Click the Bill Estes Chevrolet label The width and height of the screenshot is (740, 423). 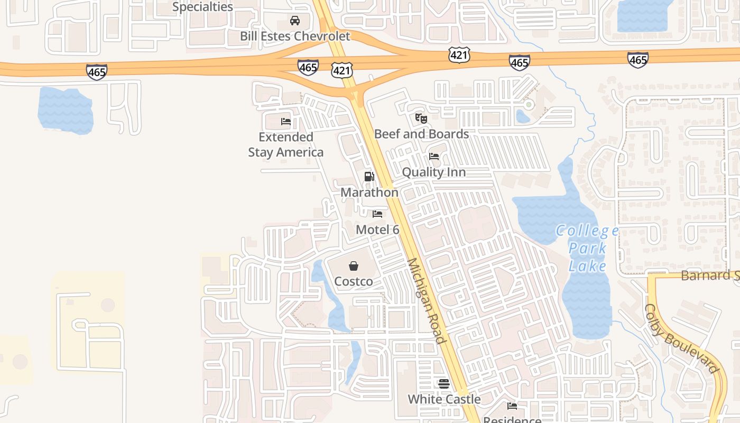point(295,36)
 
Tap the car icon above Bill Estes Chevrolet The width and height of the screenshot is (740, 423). point(295,21)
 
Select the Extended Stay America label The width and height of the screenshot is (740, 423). point(286,144)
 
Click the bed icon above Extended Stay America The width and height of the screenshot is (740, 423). point(286,122)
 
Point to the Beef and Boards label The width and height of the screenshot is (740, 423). point(421,134)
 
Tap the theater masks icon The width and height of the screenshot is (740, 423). point(421,118)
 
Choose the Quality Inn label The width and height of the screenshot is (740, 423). point(434,172)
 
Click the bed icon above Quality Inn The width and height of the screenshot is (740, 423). point(434,157)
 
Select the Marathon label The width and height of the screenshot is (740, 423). point(369,192)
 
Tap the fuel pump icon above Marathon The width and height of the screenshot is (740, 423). point(369,177)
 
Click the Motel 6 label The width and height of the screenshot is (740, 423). point(377,229)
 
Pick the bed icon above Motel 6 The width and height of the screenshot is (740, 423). point(377,214)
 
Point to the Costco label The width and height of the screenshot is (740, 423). point(354,281)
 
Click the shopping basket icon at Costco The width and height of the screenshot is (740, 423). point(354,266)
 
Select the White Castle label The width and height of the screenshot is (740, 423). point(444,399)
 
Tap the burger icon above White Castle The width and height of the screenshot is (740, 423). point(444,383)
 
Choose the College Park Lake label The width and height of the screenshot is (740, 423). point(587,247)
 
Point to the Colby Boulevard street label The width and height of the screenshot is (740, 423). point(682,338)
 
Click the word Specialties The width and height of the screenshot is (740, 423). point(202,7)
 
